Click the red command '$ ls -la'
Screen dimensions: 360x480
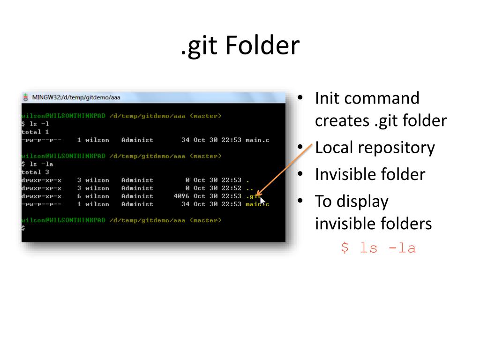tap(378, 247)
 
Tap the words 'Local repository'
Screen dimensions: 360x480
tap(375, 148)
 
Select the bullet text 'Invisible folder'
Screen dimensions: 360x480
tap(370, 174)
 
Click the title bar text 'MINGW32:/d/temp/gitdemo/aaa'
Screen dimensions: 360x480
tap(76, 97)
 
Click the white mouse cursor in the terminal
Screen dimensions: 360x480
tap(262, 202)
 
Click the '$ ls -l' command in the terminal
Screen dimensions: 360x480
tap(35, 124)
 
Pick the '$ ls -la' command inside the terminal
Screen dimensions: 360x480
tap(37, 164)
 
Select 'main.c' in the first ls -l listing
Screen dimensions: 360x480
tap(257, 140)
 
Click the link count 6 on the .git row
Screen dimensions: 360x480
tap(79, 196)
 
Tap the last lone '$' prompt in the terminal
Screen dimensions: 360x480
tap(23, 228)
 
